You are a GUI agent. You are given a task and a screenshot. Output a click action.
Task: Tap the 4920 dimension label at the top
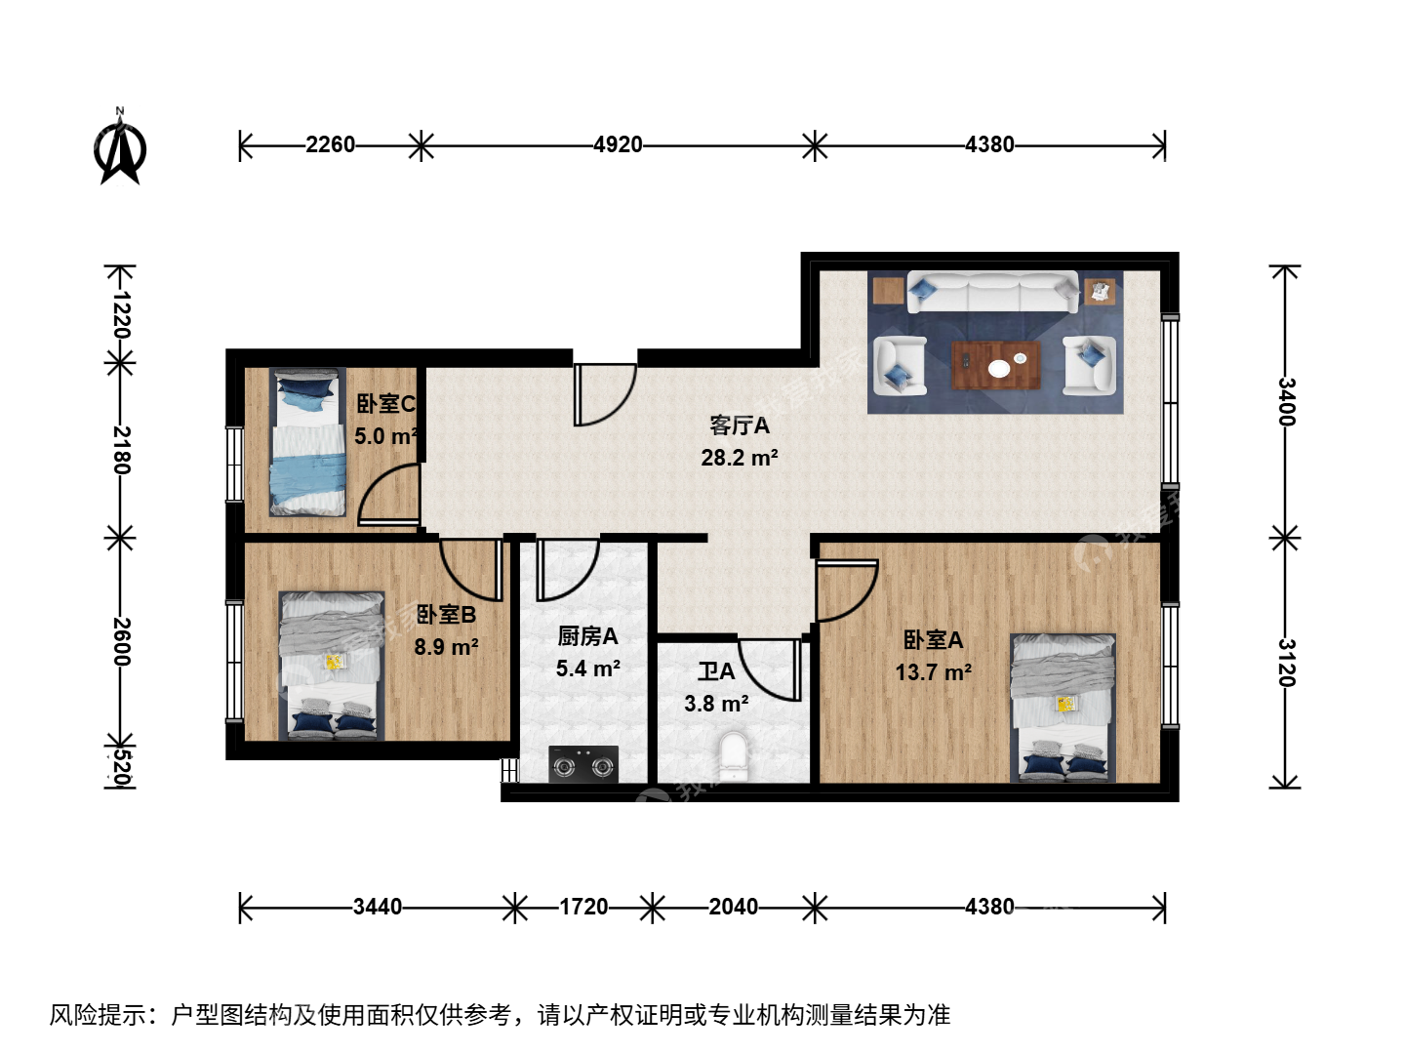coord(617,144)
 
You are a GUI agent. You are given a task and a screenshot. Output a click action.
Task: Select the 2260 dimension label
coord(330,144)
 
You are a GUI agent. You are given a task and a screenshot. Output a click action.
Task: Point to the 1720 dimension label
coord(583,907)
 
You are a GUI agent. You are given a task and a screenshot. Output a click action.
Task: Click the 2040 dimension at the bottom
coord(733,907)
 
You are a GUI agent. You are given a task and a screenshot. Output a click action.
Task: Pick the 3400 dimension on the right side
coord(1286,402)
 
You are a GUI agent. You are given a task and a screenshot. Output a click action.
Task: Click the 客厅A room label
coord(740,426)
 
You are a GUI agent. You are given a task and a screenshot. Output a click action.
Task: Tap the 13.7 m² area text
coord(934,672)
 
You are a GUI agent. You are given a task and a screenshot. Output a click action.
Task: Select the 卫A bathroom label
coord(716,671)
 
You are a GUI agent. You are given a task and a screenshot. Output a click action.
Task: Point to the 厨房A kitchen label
coord(587,636)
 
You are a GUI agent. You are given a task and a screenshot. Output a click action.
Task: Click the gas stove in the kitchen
coord(583,764)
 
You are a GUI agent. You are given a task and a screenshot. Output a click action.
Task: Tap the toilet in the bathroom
coord(734,757)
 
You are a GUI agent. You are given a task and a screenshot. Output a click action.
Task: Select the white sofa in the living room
coord(993,292)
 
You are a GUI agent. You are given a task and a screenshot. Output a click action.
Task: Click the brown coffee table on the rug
coord(995,365)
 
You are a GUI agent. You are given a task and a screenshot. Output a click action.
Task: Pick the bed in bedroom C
coord(307,441)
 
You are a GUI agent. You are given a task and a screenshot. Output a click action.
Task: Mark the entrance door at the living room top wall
coord(605,394)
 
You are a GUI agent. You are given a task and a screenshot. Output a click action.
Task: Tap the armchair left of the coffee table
coord(900,366)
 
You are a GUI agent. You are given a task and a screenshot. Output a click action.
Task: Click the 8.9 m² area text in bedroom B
coord(446,646)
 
